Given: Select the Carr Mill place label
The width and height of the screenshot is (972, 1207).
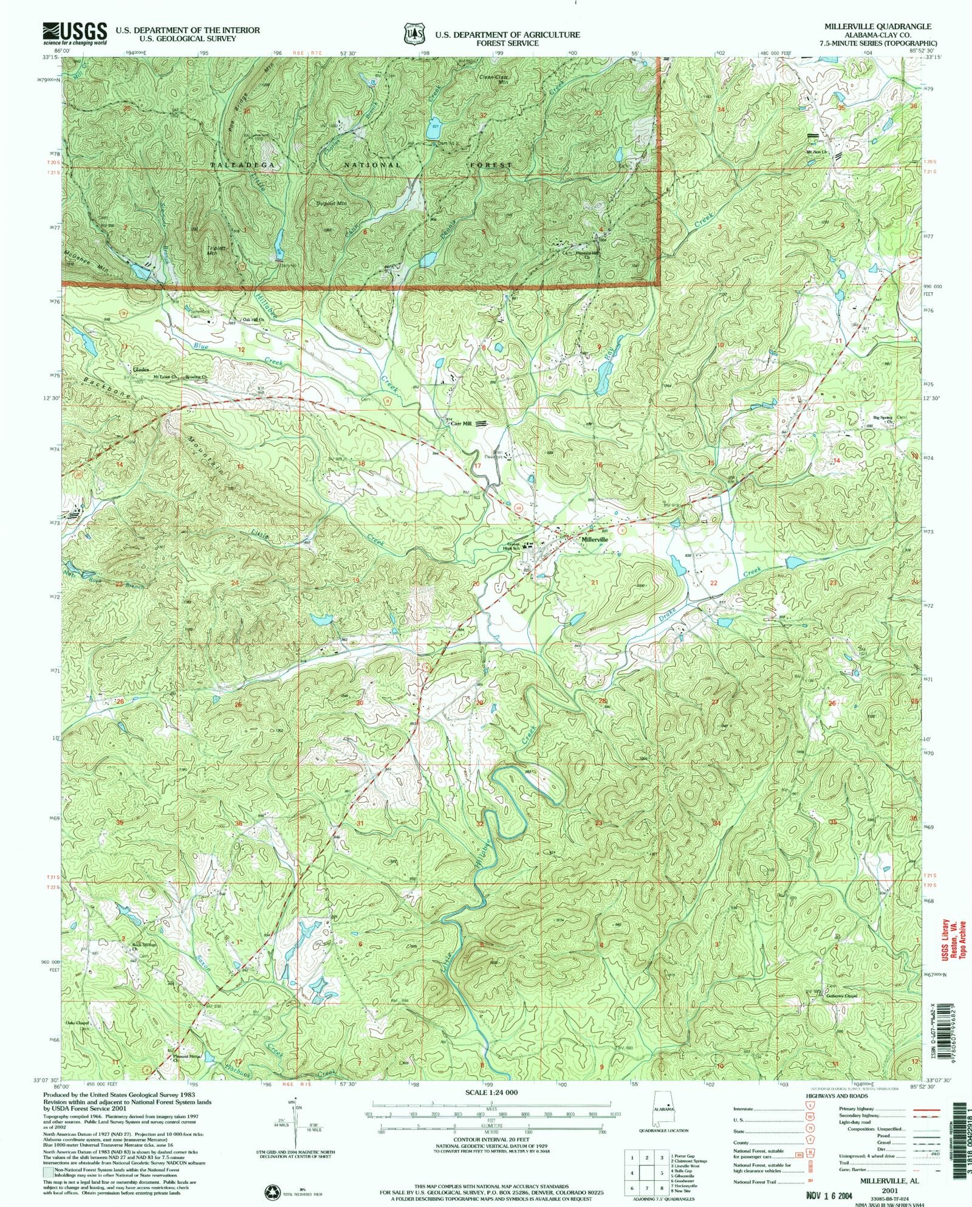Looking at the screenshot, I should coord(461,424).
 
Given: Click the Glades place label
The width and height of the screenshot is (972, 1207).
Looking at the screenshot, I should coord(141,368).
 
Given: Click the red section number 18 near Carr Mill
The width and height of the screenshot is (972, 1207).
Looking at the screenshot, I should coord(362,463).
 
